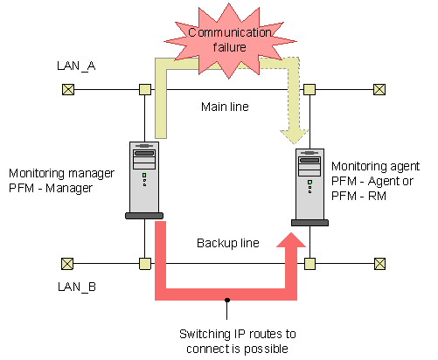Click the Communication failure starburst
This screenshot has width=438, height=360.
click(230, 41)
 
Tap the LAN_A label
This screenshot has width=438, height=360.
click(76, 66)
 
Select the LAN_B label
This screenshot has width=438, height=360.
click(77, 287)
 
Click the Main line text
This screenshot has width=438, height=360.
click(225, 107)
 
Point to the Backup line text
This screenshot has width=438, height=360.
click(228, 243)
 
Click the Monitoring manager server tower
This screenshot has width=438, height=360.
click(144, 180)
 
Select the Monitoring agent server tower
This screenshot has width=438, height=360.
click(309, 187)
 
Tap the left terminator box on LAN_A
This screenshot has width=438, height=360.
click(68, 89)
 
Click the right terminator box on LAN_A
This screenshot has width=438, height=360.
click(379, 89)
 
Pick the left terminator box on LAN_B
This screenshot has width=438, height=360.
click(67, 264)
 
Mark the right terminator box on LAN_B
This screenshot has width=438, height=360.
click(379, 264)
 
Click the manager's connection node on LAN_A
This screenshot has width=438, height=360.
click(145, 89)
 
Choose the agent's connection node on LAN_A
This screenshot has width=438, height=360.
click(309, 89)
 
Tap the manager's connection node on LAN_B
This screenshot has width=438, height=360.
click(145, 264)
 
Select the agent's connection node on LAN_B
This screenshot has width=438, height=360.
click(309, 264)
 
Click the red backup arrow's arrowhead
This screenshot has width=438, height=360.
click(291, 239)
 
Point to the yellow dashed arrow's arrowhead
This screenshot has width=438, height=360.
click(294, 137)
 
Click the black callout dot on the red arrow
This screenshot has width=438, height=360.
click(227, 300)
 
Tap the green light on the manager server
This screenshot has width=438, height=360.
click(144, 176)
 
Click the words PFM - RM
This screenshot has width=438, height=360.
click(358, 196)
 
